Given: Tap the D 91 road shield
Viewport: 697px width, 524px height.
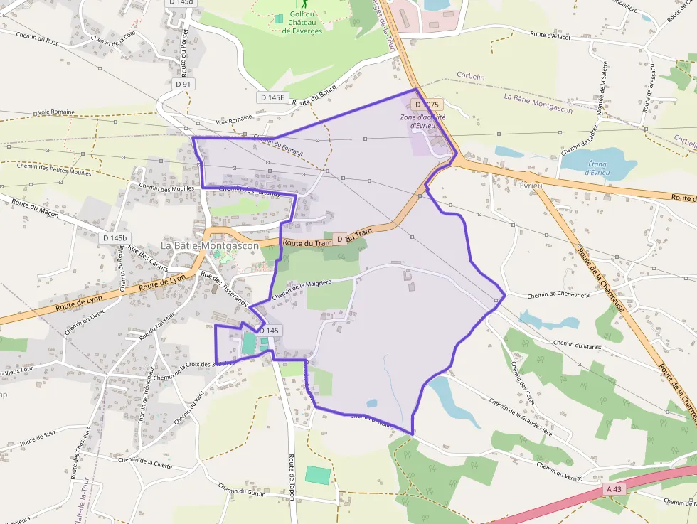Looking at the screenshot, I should coord(183,84).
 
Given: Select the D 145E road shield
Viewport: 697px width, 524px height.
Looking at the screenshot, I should coord(272,97).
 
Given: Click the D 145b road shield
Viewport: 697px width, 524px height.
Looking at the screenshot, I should coord(115,237).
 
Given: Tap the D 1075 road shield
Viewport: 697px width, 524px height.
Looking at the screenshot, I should coord(427,105).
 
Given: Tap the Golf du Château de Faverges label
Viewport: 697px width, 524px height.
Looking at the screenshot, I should coord(302,22).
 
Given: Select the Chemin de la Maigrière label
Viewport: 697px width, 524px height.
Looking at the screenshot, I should coord(302,286).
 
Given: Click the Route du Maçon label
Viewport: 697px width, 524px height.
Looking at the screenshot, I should coord(35,208).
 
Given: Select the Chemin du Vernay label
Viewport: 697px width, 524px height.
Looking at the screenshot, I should coord(560,471).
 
